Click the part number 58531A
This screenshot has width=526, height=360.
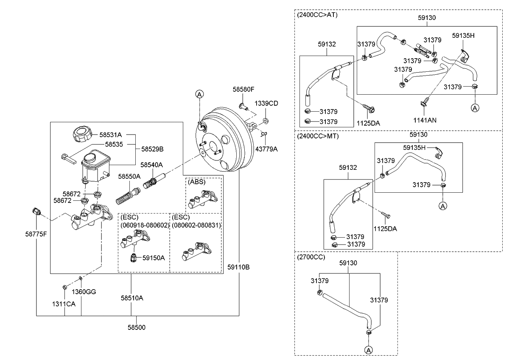tap(111, 135)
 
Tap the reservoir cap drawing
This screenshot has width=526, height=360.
tap(82, 135)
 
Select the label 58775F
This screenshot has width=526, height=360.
tap(36, 233)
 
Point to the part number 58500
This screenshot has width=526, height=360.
tap(137, 327)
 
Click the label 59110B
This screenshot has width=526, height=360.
tap(238, 267)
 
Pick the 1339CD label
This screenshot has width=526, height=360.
tap(266, 104)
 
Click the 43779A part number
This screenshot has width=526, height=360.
tap(266, 149)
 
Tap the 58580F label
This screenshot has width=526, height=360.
tap(243, 90)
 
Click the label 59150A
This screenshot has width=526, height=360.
tap(154, 257)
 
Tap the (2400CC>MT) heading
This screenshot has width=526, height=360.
tap(318, 136)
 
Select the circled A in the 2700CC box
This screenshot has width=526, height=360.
tap(368, 350)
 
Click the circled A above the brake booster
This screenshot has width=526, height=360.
tap(199, 94)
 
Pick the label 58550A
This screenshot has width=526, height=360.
tap(129, 176)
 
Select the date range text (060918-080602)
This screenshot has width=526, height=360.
tap(144, 225)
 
